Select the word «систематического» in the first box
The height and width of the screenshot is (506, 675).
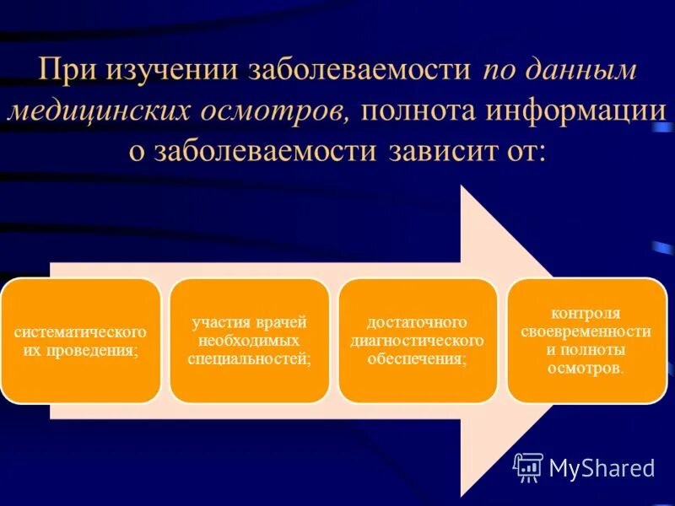80,331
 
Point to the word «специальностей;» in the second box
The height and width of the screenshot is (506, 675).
249,358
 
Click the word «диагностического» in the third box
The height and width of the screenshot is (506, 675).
417,341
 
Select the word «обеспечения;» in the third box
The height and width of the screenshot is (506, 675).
417,358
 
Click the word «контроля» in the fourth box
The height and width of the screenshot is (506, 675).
585,313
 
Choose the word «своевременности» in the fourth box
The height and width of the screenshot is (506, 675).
586,331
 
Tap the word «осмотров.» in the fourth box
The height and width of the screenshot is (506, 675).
586,368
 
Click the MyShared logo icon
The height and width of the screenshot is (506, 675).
528,466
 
